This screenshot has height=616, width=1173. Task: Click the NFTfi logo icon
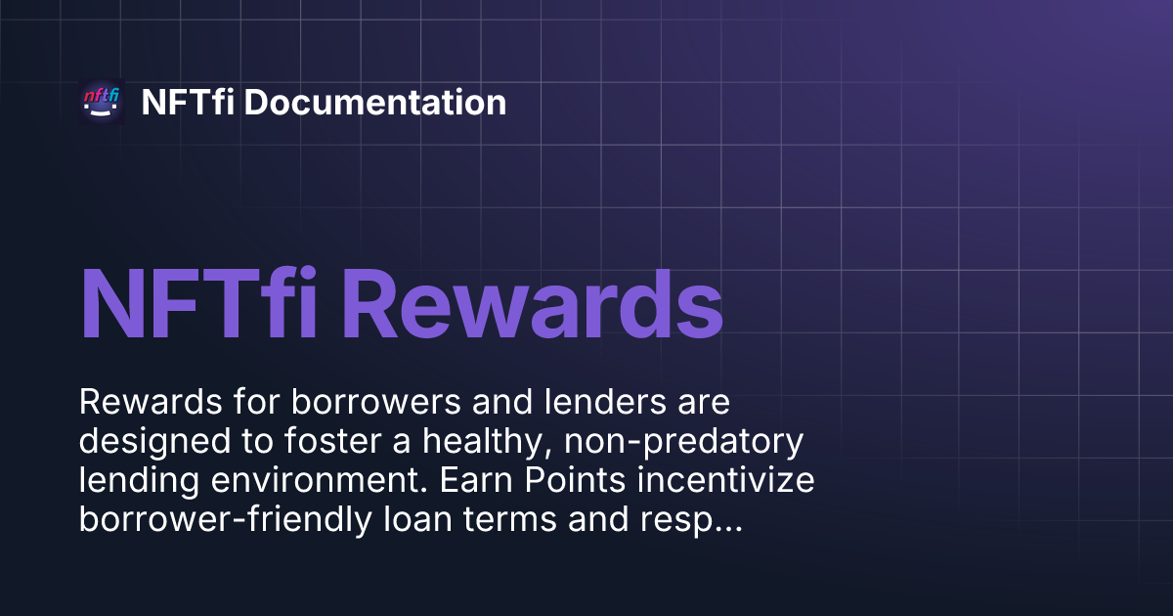(x=102, y=103)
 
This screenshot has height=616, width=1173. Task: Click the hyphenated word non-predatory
(x=703, y=442)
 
